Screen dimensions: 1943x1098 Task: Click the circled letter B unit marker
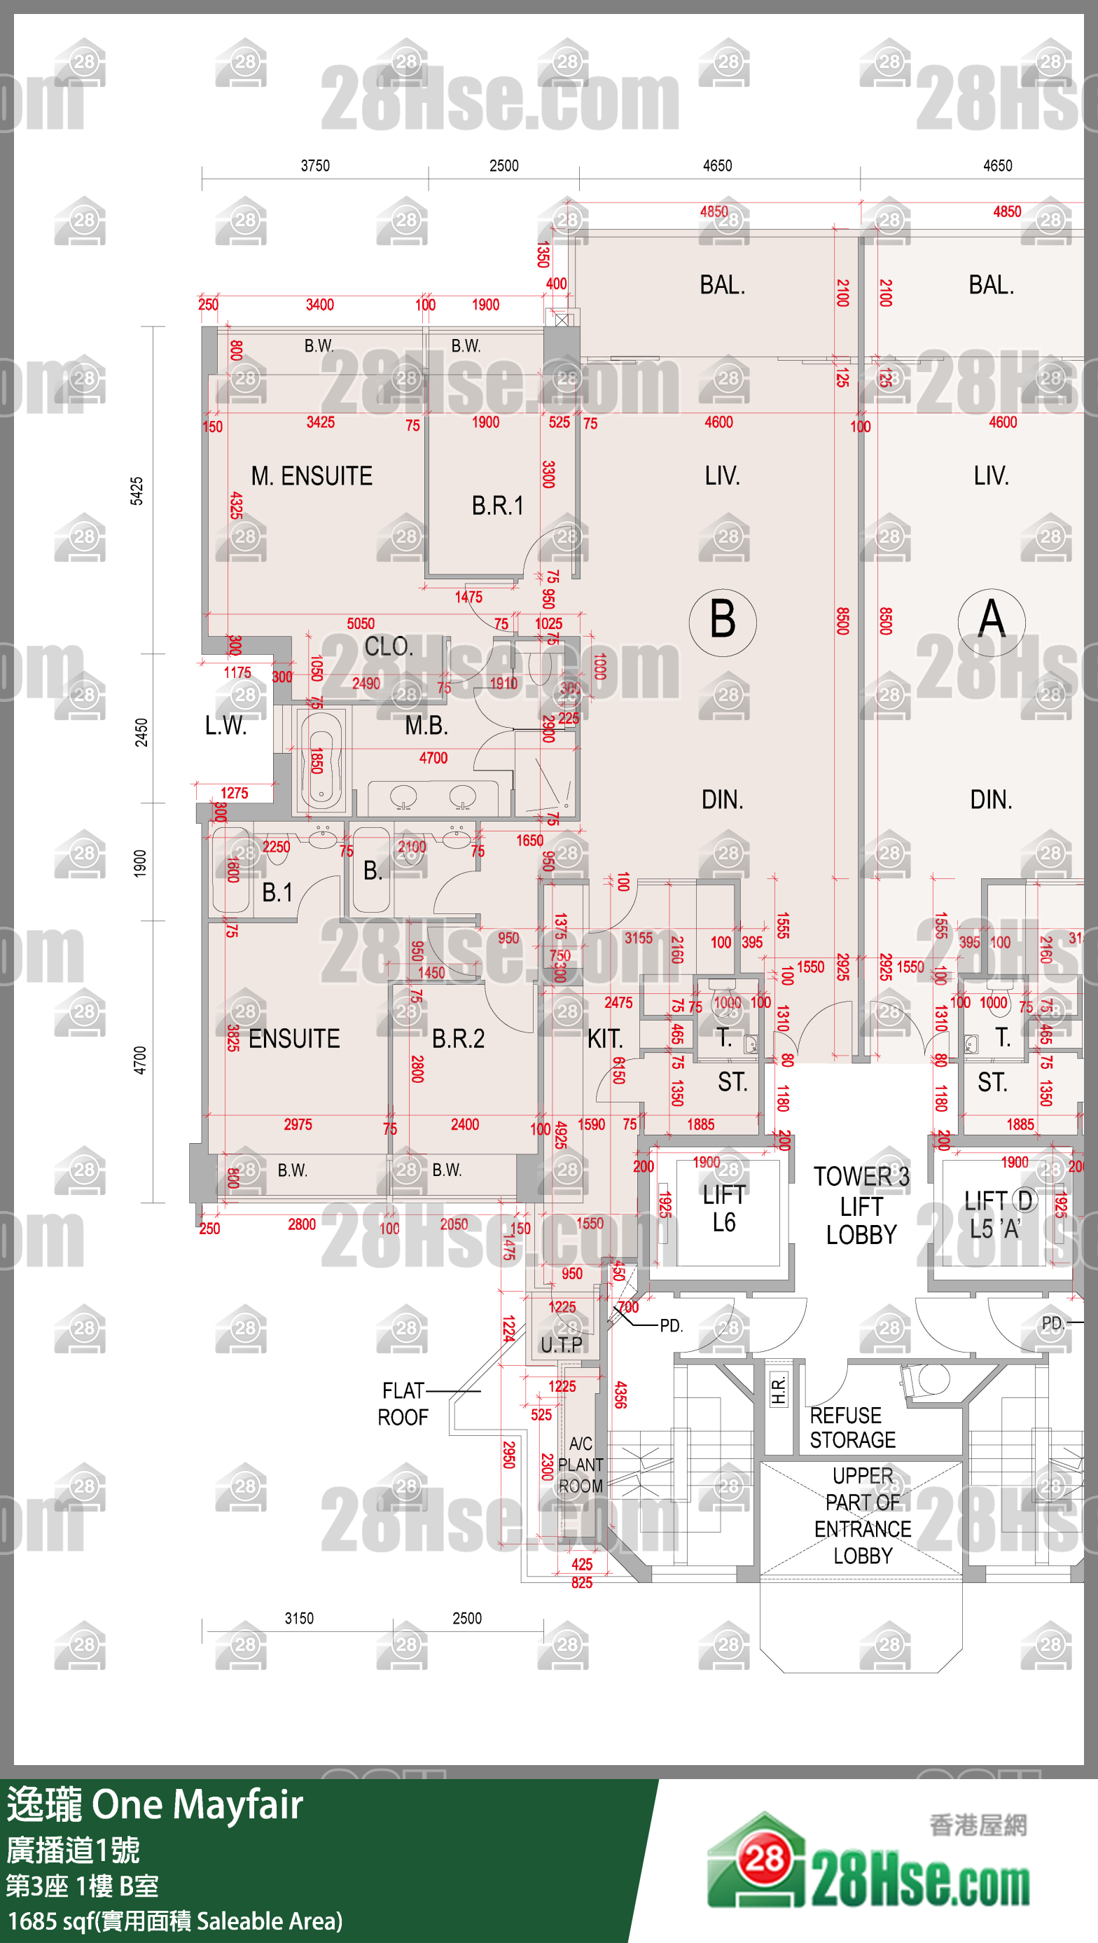point(723,621)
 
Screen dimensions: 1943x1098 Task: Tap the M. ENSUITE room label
point(312,476)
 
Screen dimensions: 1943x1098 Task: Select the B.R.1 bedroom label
point(497,505)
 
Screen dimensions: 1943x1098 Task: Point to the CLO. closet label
point(389,646)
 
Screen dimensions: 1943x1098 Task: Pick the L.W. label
point(225,726)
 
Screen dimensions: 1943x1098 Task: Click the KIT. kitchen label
point(605,1039)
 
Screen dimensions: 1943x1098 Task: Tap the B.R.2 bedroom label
point(458,1039)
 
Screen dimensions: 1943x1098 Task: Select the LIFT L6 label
point(724,1208)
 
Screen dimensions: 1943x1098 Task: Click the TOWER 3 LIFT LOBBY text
point(861,1205)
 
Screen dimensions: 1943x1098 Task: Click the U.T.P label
point(561,1344)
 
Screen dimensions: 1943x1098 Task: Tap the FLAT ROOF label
point(403,1404)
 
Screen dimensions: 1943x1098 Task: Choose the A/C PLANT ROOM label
point(580,1465)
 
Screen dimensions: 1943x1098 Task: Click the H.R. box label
point(778,1390)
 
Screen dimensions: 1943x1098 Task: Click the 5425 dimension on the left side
point(137,491)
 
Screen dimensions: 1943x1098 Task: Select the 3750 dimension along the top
point(315,166)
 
